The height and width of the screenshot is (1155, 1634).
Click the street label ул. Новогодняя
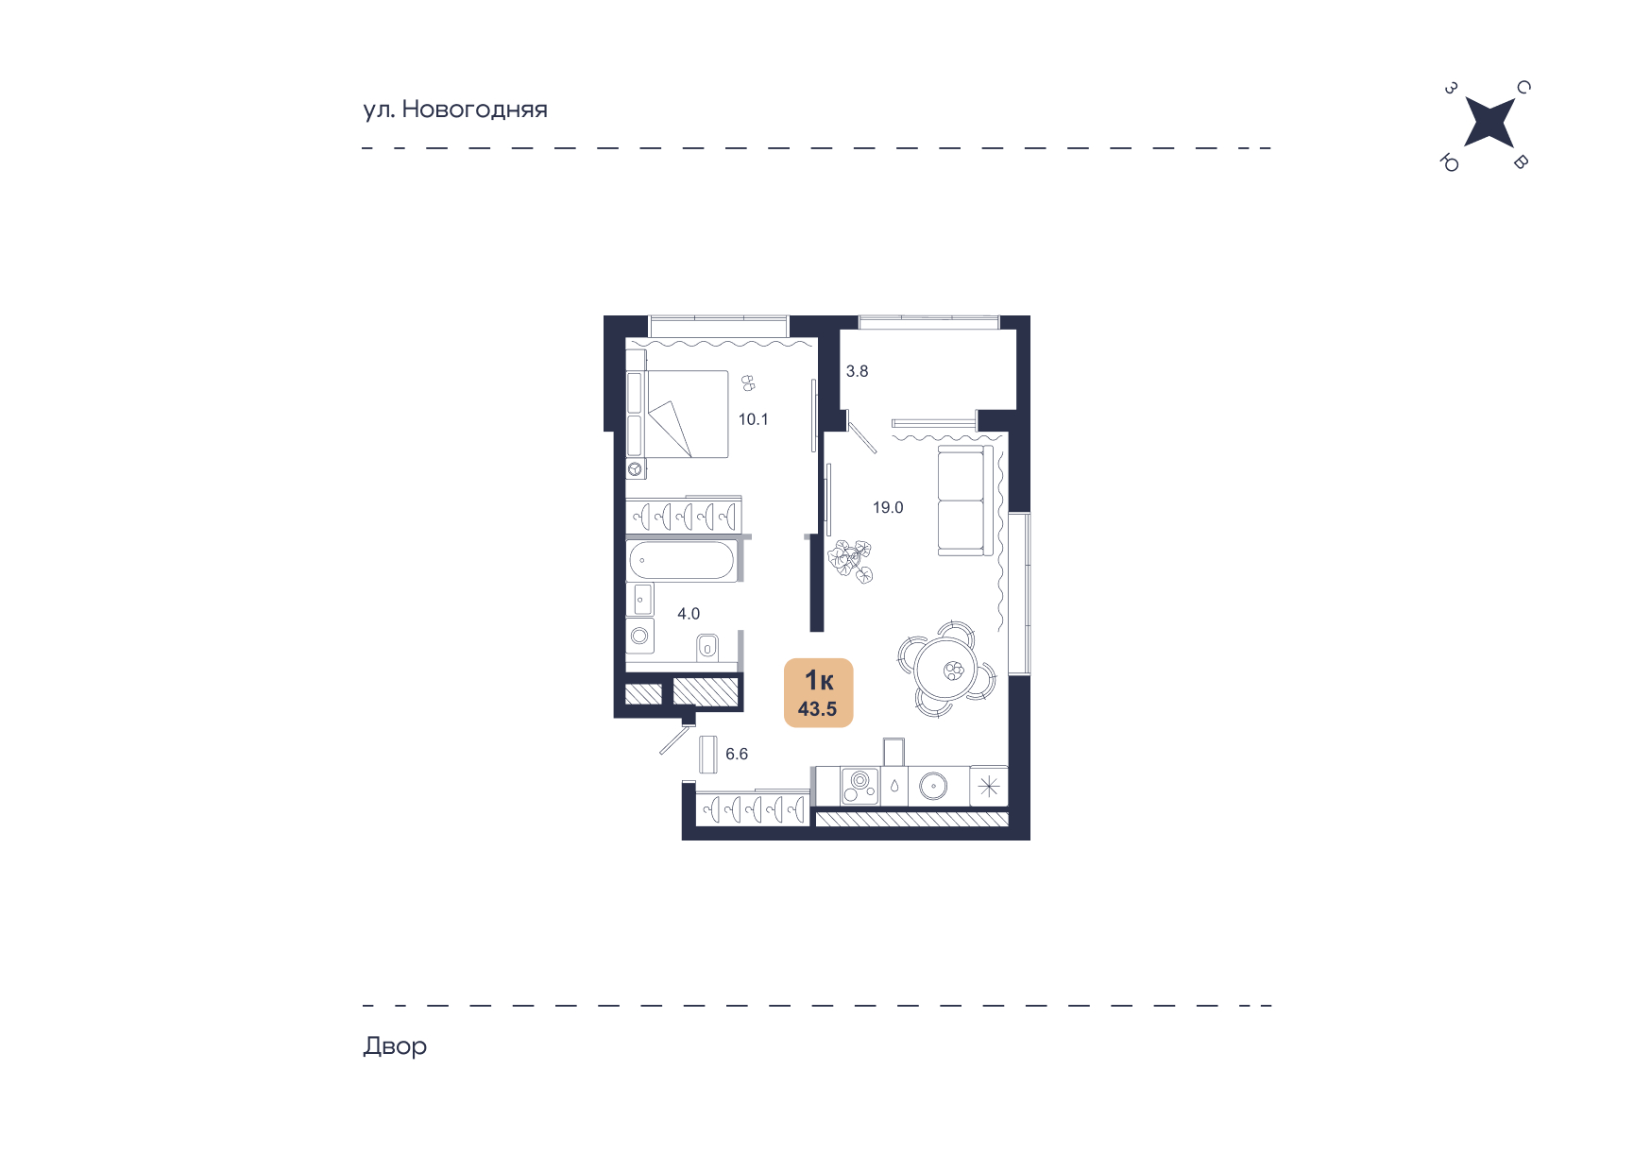pyautogui.click(x=455, y=110)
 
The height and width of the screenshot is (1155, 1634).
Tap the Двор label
pyautogui.click(x=395, y=1046)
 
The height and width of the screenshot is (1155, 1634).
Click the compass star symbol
pyautogui.click(x=1489, y=123)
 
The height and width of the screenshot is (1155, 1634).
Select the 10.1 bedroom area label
pyautogui.click(x=754, y=419)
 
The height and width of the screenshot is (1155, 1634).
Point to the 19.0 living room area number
pyautogui.click(x=888, y=508)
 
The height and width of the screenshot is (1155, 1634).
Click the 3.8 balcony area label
pyautogui.click(x=857, y=372)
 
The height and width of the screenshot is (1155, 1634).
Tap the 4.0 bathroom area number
pyautogui.click(x=689, y=614)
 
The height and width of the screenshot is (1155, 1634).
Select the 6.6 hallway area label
pyautogui.click(x=737, y=755)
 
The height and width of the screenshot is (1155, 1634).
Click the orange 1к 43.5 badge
pyautogui.click(x=819, y=692)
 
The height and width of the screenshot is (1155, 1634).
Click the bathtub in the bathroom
pyautogui.click(x=681, y=560)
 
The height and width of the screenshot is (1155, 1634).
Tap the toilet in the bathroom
pyautogui.click(x=706, y=647)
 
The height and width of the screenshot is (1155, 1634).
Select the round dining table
pyautogui.click(x=944, y=670)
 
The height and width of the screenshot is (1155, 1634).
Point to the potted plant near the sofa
pyautogui.click(x=850, y=561)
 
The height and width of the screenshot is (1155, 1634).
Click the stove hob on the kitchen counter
pyautogui.click(x=860, y=787)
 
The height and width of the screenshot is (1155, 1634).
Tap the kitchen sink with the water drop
pyautogui.click(x=894, y=787)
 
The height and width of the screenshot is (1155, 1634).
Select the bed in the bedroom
pyautogui.click(x=678, y=415)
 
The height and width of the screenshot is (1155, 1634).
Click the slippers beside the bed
pyautogui.click(x=748, y=382)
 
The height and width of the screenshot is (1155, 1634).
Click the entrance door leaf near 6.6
pyautogui.click(x=675, y=740)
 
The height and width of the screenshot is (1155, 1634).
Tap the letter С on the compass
pyautogui.click(x=1523, y=88)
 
